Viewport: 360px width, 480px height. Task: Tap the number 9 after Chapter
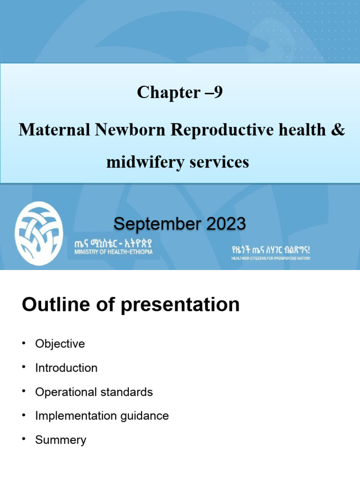click(217, 93)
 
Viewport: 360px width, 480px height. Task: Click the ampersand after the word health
click(337, 130)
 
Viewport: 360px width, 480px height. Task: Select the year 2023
click(222, 224)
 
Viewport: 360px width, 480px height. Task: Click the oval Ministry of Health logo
click(38, 233)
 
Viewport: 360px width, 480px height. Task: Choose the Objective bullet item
click(60, 344)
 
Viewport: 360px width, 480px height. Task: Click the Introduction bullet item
click(66, 368)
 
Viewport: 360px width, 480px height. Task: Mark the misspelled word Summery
click(60, 440)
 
